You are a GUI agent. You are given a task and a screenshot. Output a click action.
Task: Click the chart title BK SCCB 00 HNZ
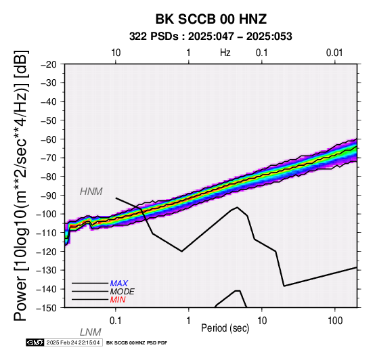[211, 19]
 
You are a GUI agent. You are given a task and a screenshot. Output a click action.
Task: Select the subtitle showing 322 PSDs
[211, 37]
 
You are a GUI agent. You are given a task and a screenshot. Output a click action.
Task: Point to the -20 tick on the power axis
[49, 64]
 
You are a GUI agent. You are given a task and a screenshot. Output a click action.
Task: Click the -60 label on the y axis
[49, 139]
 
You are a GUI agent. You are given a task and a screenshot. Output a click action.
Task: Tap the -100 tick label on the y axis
[47, 214]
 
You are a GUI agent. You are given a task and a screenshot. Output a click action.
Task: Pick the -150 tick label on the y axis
[47, 308]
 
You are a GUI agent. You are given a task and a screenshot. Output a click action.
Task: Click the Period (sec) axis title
[225, 328]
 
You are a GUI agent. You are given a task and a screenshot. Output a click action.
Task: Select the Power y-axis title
[21, 185]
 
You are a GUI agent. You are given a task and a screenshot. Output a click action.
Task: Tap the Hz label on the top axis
[225, 53]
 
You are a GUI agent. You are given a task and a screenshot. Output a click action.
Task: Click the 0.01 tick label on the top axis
[334, 53]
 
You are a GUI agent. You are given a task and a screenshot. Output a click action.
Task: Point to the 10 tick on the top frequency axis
[116, 53]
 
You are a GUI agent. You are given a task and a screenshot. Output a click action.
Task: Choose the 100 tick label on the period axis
[335, 321]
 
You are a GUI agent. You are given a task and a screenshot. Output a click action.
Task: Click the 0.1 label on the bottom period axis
[115, 321]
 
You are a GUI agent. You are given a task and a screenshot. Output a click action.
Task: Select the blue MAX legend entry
[119, 284]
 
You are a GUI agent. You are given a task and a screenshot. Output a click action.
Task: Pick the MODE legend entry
[123, 292]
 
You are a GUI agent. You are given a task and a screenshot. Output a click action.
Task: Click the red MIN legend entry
[118, 300]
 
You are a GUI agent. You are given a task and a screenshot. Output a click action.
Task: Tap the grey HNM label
[91, 192]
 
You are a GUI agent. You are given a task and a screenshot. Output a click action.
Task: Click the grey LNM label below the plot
[91, 332]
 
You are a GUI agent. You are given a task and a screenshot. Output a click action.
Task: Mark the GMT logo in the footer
[35, 342]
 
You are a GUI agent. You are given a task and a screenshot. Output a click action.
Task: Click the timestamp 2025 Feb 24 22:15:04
[73, 342]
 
